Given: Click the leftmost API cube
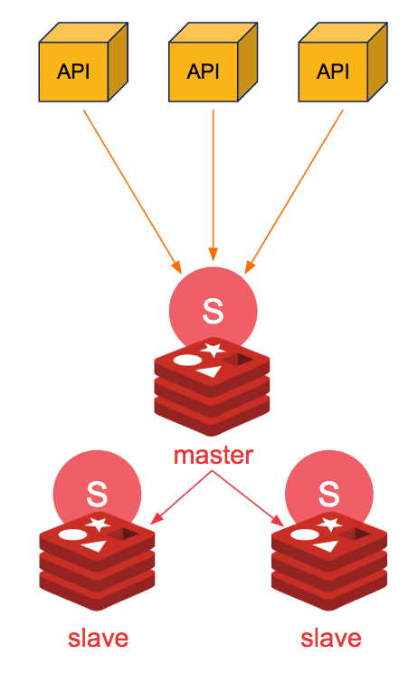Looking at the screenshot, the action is tap(83, 62).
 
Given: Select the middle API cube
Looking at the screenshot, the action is tap(213, 62).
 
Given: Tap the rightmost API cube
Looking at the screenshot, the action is tap(343, 62).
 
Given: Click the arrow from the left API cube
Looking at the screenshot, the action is tap(133, 192).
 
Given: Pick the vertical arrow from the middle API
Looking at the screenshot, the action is tap(214, 186).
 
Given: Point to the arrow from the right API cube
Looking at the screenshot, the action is tap(293, 192).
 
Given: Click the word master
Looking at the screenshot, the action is tap(214, 455).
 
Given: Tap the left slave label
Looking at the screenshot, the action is tap(99, 639).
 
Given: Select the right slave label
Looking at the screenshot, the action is tap(331, 639).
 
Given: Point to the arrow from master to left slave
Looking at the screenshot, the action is tap(181, 497).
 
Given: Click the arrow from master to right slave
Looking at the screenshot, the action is tap(248, 498).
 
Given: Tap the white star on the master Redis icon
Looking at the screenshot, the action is tap(214, 350).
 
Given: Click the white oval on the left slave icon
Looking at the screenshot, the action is tap(72, 535).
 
